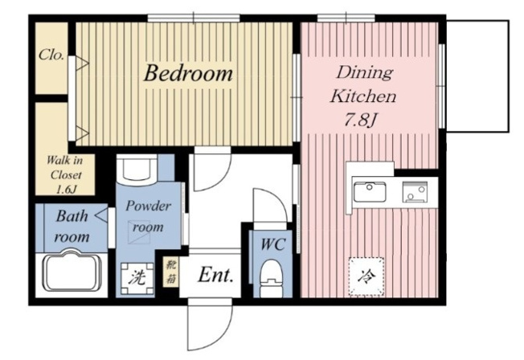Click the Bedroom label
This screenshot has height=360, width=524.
coord(188,73)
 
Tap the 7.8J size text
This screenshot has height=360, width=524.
coord(361,120)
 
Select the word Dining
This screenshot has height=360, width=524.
coord(364,72)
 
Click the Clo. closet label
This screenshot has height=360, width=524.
coord(51,55)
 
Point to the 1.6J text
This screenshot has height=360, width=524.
coord(67,190)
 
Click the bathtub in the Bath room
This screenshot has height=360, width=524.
coord(72,271)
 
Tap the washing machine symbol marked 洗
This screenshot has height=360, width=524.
coord(137,279)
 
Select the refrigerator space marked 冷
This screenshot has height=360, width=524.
coord(366,276)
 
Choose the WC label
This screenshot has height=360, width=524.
coord(273,244)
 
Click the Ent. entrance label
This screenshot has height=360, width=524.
coord(215,276)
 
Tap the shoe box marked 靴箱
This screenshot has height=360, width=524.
coord(170,272)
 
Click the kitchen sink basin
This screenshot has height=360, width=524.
coord(370,191)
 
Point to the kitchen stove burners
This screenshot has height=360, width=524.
coord(415,192)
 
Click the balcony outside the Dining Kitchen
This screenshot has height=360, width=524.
coord(477,76)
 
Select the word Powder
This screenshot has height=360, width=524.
coord(148,206)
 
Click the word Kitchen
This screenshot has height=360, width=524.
coord(363,96)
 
